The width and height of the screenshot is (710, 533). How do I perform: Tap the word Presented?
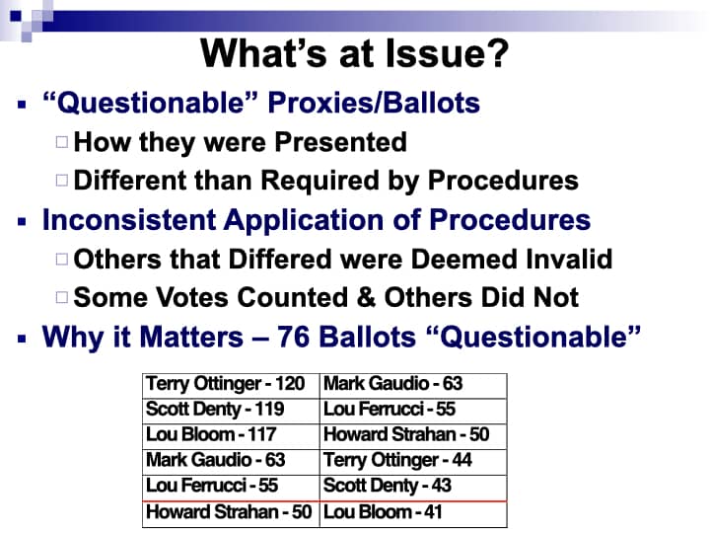pos(340,142)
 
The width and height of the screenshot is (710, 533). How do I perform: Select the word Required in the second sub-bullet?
pos(320,181)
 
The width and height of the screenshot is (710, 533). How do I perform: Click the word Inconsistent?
pos(128,220)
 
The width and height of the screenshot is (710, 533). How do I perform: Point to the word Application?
pos(305,220)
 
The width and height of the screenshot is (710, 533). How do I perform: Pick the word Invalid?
pos(570,260)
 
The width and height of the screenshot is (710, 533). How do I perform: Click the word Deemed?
pos(465,260)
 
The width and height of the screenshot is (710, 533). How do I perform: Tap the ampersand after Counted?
pos(366,298)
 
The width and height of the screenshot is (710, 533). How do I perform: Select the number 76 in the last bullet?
pos(294,338)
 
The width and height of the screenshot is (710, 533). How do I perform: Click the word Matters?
pos(191,338)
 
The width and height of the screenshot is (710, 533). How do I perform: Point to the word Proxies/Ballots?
pos(374,103)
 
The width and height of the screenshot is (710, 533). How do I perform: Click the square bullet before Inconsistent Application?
pos(22,222)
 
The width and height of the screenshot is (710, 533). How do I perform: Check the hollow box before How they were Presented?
pos(62,142)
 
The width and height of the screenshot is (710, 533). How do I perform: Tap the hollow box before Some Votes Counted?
pos(62,298)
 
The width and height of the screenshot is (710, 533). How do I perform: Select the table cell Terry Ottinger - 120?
pos(231,386)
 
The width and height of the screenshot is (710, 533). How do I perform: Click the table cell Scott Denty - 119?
pos(231,412)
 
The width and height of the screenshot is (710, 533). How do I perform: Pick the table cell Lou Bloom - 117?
pos(231,437)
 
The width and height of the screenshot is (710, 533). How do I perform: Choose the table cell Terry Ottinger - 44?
pos(413,462)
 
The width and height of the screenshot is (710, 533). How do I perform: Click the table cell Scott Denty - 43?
pos(413,489)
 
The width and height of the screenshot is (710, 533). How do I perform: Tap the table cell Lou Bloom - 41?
pos(413,514)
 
